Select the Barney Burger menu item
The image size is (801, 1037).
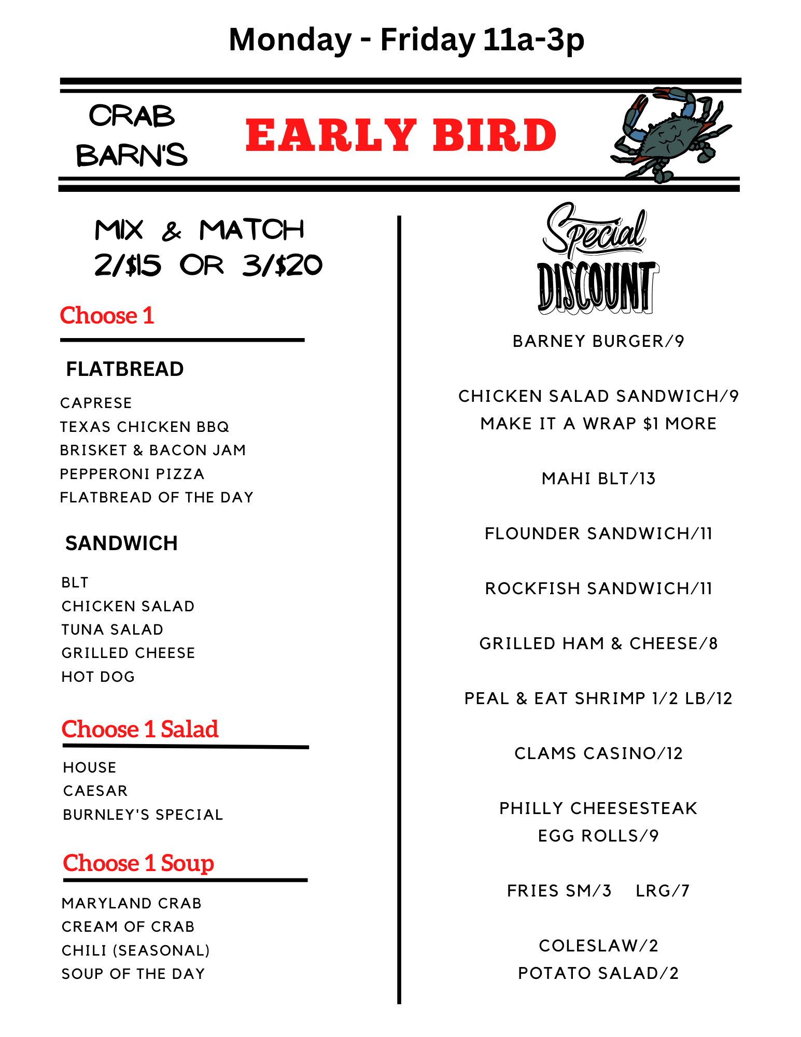tap(598, 341)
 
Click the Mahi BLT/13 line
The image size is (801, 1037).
tap(598, 478)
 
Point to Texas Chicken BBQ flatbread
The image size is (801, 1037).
tap(144, 427)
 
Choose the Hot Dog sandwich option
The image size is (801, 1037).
tap(98, 677)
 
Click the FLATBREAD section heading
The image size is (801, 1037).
tap(124, 369)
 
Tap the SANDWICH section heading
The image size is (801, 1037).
tap(121, 543)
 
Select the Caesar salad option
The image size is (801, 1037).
tap(95, 791)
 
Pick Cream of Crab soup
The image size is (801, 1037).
tap(128, 927)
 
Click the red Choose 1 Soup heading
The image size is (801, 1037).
tap(138, 863)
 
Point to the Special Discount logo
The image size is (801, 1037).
tap(597, 259)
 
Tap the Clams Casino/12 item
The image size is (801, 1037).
tap(598, 753)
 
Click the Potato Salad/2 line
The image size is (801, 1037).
tap(598, 973)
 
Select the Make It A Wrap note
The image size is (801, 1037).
tap(598, 424)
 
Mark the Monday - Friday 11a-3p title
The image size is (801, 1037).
tap(406, 39)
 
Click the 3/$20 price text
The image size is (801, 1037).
tap(282, 265)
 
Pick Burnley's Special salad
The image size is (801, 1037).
tap(143, 815)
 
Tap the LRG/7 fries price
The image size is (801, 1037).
tap(663, 891)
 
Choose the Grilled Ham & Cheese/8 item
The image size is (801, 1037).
tap(598, 643)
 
